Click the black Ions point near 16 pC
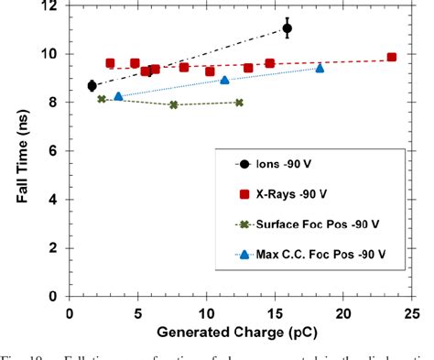click(x=288, y=28)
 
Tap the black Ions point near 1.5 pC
click(x=92, y=85)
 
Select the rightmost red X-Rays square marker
click(x=392, y=57)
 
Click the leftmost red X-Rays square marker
click(x=110, y=63)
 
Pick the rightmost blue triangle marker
click(x=320, y=68)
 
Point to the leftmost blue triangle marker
click(x=118, y=96)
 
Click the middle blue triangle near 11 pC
click(x=224, y=80)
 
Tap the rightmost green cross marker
click(x=239, y=103)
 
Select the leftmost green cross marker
click(x=102, y=99)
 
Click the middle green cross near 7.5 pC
click(x=173, y=105)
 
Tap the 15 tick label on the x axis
click(x=276, y=311)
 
